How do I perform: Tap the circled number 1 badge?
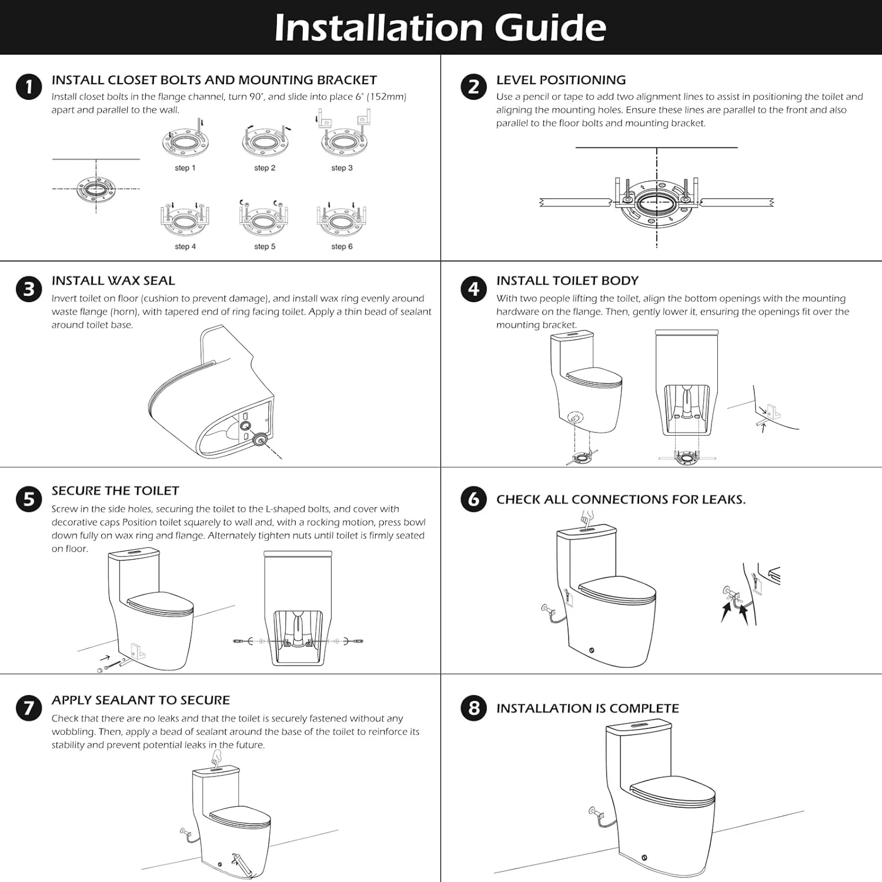29,87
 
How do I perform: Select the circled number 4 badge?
473,289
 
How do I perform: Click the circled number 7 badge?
29,708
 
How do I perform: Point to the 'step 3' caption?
342,168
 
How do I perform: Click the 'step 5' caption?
265,247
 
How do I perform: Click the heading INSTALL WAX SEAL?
113,281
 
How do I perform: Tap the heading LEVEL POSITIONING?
560,80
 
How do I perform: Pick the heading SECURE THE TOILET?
115,491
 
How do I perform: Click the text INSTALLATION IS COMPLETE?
587,709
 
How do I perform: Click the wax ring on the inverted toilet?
259,439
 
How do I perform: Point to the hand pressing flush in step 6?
587,518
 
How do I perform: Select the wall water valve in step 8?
595,814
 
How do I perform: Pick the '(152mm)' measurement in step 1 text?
386,97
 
